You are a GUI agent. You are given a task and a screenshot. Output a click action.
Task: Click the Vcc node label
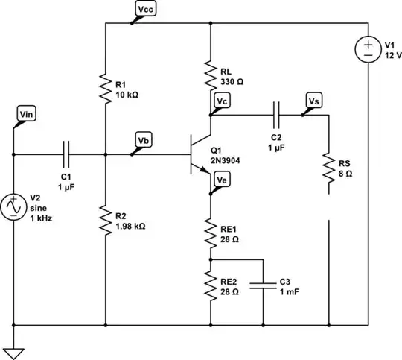click(146, 8)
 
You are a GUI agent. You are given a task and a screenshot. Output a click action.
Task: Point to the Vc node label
click(222, 100)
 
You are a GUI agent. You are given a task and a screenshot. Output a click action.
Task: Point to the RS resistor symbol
click(328, 168)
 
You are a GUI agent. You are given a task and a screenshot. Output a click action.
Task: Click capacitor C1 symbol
click(66, 154)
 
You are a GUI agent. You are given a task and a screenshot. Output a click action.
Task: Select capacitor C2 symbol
click(275, 115)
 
